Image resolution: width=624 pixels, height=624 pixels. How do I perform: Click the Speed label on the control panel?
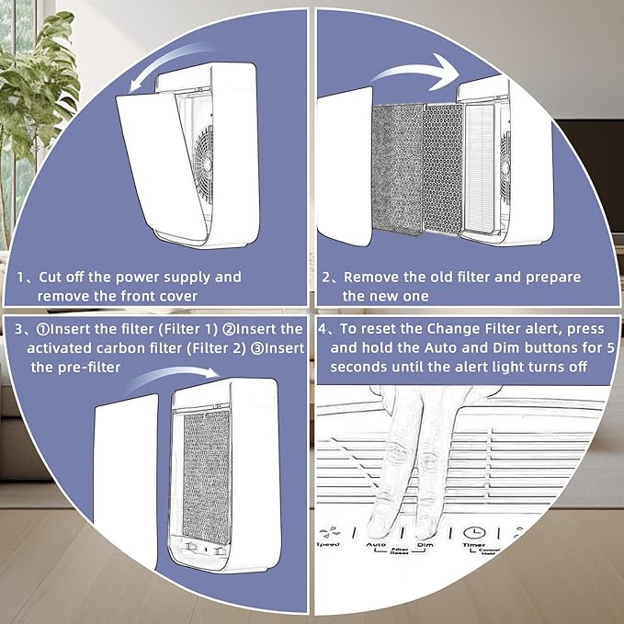[x=327, y=545]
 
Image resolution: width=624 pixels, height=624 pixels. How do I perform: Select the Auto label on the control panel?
[x=376, y=545]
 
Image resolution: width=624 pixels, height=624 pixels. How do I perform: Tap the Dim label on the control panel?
[x=425, y=545]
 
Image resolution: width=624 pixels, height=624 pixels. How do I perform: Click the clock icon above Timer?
[x=474, y=531]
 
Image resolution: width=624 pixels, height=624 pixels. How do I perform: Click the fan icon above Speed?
[x=327, y=531]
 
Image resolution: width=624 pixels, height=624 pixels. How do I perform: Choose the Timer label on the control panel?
[x=474, y=545]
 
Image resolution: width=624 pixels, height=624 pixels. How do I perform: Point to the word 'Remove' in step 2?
[x=367, y=277]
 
